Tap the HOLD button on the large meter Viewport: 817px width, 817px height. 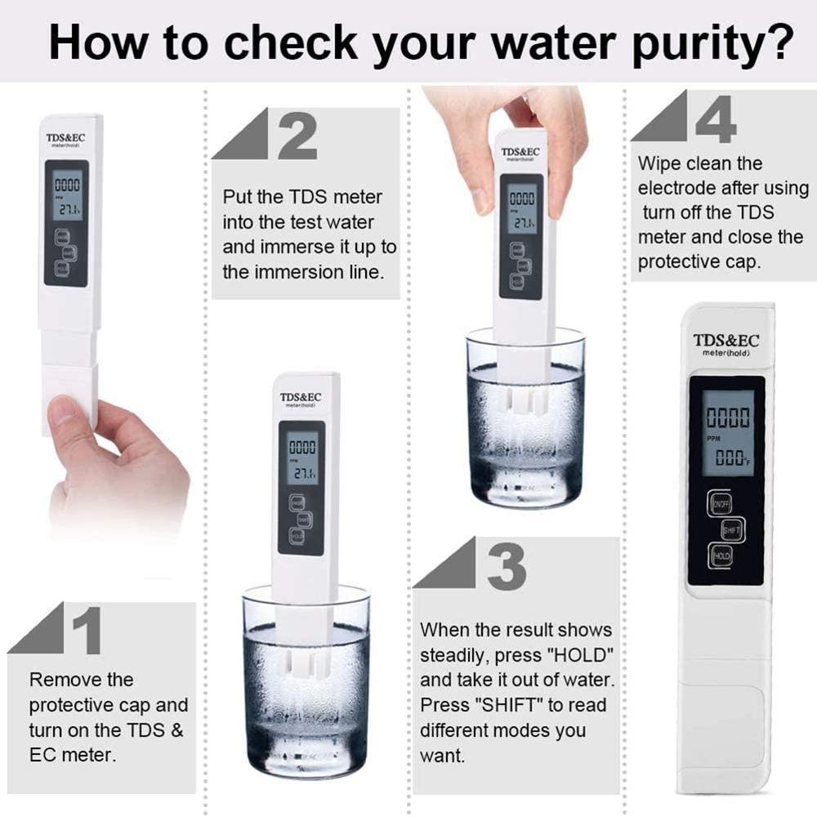pos(721,556)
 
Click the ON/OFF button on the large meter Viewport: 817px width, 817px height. pos(720,503)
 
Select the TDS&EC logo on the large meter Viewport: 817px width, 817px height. pos(725,341)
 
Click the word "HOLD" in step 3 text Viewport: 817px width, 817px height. pos(584,655)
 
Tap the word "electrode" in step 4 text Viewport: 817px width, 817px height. pos(676,188)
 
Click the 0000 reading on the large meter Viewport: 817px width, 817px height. pos(727,419)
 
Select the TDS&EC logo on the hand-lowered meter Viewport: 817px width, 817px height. pos(521,152)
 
